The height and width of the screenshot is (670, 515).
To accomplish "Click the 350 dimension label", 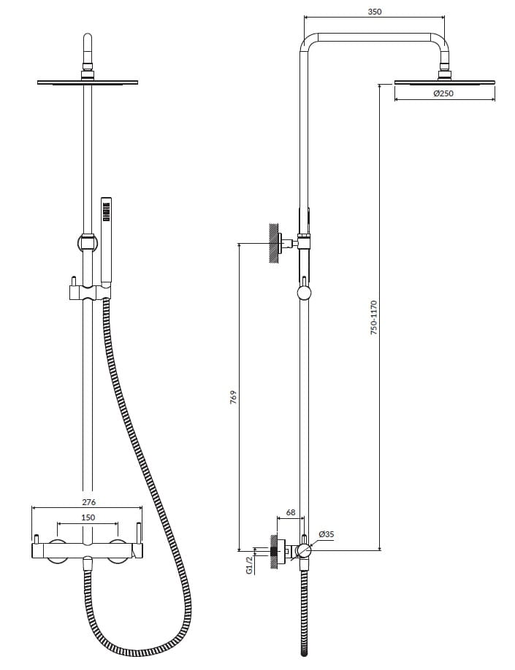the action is tap(374, 12).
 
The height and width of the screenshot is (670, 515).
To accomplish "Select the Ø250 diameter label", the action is tap(443, 93).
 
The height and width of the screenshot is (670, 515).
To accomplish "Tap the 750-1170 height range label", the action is tap(374, 317).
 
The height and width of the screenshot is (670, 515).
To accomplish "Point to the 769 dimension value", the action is tap(233, 398).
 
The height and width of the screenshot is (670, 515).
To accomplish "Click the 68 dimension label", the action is tap(291, 512).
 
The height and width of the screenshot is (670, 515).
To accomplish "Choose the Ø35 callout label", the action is tap(326, 534).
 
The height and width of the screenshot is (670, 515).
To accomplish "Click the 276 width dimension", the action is tap(88, 501).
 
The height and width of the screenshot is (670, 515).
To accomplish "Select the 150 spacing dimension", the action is tap(88, 517).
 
